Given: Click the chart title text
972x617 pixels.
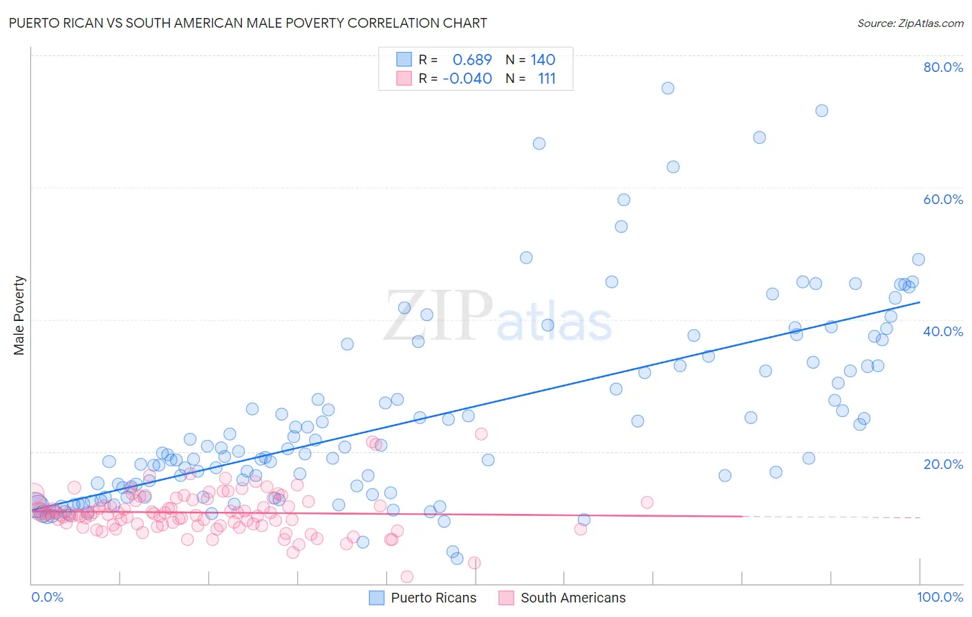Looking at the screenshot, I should point(247,23).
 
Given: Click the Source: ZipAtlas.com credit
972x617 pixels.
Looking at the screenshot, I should point(910,23).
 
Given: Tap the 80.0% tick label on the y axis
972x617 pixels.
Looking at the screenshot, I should point(943,67).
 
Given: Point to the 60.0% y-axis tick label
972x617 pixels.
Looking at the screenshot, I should point(943,199).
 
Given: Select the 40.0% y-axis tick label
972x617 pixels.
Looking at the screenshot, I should point(943,331).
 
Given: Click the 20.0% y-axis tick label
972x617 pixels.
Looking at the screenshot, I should point(943,464).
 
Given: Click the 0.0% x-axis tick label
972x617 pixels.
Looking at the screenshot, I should point(47,597).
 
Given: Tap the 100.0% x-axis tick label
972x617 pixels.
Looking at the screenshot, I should point(940,597).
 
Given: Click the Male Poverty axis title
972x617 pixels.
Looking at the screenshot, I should point(19,315).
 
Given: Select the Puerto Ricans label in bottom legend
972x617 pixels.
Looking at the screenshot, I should point(433,598).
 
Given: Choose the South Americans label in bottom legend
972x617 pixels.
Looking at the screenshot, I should point(572,598).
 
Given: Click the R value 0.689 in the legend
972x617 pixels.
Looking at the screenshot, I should point(472,60).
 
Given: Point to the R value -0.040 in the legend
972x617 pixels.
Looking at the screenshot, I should point(467,79).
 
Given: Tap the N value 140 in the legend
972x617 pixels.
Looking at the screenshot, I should point(543,60).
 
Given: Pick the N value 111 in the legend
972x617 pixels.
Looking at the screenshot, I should point(546,79).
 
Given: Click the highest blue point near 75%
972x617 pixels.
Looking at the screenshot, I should point(668,88).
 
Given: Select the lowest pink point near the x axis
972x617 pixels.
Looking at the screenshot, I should point(407,577).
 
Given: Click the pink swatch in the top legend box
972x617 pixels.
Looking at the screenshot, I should point(404,79).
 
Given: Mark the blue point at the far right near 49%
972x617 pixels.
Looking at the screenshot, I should point(918,259).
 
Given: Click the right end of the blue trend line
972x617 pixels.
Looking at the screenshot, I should point(919,302).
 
